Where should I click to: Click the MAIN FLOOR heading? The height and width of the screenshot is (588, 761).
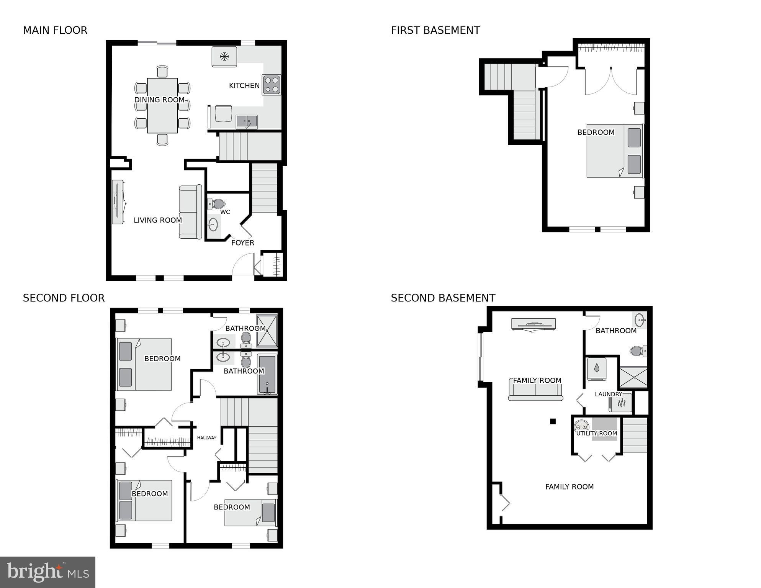pyautogui.click(x=55, y=30)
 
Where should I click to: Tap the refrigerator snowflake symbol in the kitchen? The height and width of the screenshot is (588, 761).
pyautogui.click(x=224, y=57)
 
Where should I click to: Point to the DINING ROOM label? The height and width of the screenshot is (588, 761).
pyautogui.click(x=159, y=100)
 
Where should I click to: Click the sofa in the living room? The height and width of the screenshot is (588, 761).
pyautogui.click(x=190, y=212)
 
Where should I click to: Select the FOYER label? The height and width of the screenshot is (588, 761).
pyautogui.click(x=243, y=243)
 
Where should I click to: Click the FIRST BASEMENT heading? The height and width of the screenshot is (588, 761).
pyautogui.click(x=435, y=30)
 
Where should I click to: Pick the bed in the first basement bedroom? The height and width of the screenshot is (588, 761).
pyautogui.click(x=614, y=151)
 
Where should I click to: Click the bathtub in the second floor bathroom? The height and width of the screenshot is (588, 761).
pyautogui.click(x=267, y=374)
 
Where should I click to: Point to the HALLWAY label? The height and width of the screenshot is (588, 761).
pyautogui.click(x=206, y=438)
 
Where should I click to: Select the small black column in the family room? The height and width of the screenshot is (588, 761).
pyautogui.click(x=553, y=421)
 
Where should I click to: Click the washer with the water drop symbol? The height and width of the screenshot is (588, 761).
pyautogui.click(x=597, y=369)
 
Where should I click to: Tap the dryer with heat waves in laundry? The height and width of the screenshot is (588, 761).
pyautogui.click(x=620, y=403)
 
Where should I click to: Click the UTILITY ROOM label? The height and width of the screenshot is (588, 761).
pyautogui.click(x=596, y=434)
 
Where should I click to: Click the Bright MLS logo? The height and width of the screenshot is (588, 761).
pyautogui.click(x=47, y=572)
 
